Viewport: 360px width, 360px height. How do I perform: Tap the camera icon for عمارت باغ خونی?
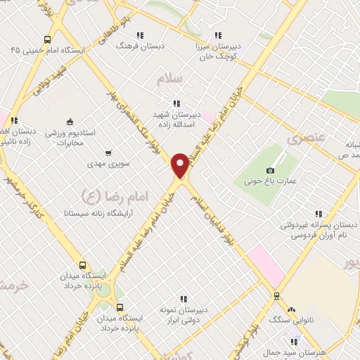tap(271, 170)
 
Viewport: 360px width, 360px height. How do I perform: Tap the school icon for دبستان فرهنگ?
tap(139, 34)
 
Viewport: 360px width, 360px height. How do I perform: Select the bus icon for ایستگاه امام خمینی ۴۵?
tap(47, 39)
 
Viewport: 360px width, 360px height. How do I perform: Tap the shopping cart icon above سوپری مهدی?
tap(108, 153)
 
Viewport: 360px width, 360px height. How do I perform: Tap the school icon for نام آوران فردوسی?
tap(318, 214)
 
